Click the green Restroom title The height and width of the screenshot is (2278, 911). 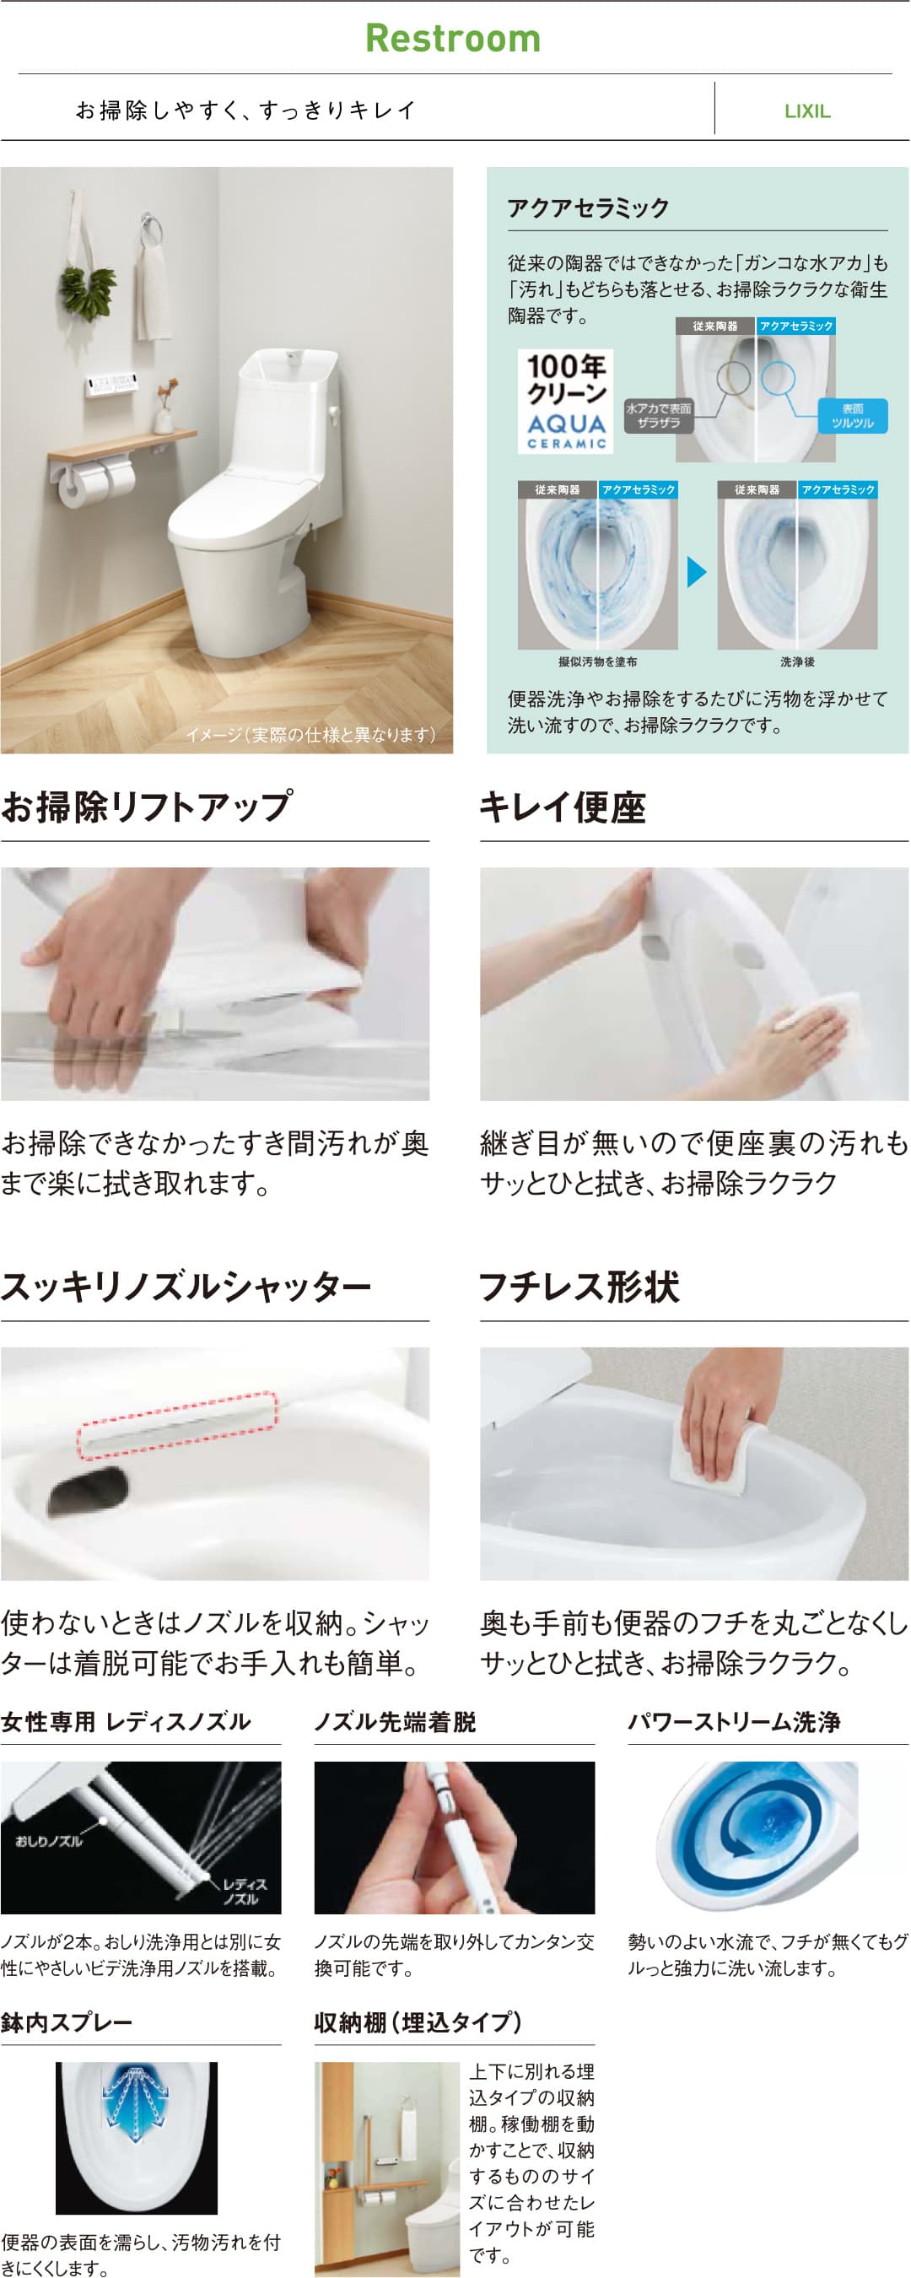pyautogui.click(x=453, y=38)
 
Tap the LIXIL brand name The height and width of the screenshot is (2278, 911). pyautogui.click(x=806, y=111)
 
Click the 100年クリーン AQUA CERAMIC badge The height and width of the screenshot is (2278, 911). pyautogui.click(x=565, y=401)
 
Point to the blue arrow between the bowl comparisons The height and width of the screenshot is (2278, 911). pyautogui.click(x=697, y=571)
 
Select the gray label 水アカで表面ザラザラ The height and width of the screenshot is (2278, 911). pyautogui.click(x=659, y=416)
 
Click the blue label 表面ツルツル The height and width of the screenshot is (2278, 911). pyautogui.click(x=852, y=416)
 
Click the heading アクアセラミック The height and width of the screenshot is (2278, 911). pyautogui.click(x=588, y=208)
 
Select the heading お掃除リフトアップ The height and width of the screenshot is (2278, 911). pyautogui.click(x=146, y=806)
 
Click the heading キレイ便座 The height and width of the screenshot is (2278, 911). pyautogui.click(x=563, y=807)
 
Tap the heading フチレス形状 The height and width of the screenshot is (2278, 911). pyautogui.click(x=579, y=1286)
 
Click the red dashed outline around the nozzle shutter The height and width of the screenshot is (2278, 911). pyautogui.click(x=177, y=1426)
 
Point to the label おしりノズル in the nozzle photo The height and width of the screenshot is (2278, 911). pyautogui.click(x=49, y=1841)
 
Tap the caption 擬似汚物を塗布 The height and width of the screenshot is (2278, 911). pyautogui.click(x=598, y=661)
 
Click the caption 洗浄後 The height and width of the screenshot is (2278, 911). pyautogui.click(x=798, y=661)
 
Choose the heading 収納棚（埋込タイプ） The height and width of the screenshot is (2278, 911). pyautogui.click(x=418, y=2022)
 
